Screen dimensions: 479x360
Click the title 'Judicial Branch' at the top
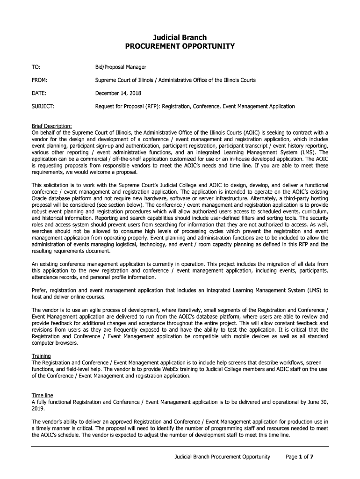180,37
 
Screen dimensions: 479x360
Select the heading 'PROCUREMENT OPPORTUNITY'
180,46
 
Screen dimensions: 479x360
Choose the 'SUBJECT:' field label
43,106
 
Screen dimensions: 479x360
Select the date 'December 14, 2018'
118,93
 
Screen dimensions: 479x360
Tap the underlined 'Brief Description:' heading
51,126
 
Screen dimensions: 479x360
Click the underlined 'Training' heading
41,356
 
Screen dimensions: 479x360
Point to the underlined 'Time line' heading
42,395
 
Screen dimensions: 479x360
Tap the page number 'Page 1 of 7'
299,457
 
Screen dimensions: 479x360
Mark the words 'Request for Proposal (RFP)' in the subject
126,106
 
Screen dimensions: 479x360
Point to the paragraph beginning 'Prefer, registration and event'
180,293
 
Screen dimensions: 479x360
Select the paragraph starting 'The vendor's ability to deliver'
180,428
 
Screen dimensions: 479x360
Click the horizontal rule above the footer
180,446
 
